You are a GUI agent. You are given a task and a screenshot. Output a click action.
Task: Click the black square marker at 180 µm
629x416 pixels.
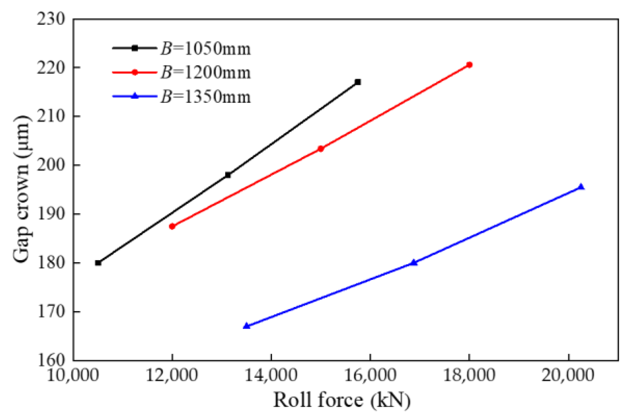coord(98,263)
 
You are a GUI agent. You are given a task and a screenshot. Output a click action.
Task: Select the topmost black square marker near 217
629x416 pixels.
coord(358,82)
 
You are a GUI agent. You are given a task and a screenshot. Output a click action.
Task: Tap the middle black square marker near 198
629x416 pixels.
coord(228,175)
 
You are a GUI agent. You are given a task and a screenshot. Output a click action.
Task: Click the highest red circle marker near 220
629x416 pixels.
coord(469,65)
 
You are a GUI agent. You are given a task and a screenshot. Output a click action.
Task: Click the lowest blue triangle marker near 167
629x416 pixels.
coord(246,326)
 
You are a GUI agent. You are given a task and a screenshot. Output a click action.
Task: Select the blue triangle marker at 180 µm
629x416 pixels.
coord(414,263)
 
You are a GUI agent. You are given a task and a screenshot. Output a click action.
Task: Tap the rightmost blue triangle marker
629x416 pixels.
coord(581,187)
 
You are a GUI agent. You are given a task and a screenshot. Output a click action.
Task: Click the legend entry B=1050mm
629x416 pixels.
coord(206,48)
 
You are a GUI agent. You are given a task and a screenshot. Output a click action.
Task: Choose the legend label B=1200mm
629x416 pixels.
coord(206,72)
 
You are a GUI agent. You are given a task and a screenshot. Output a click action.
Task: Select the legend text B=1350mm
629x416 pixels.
coord(206,96)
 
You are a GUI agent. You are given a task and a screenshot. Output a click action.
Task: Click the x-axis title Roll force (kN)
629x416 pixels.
coord(342,400)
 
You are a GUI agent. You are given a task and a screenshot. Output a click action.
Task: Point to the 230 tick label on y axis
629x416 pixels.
coord(51,19)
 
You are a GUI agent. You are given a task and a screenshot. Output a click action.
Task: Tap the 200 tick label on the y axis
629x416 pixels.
coord(51,165)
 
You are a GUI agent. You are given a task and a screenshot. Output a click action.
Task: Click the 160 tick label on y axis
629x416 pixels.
coord(51,360)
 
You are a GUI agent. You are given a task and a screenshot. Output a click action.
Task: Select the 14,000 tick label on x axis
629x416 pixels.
coord(271,375)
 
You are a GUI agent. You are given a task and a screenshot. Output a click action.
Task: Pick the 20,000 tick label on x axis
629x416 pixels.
coord(568,375)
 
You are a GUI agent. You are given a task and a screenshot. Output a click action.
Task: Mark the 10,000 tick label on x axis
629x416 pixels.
coord(73,375)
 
